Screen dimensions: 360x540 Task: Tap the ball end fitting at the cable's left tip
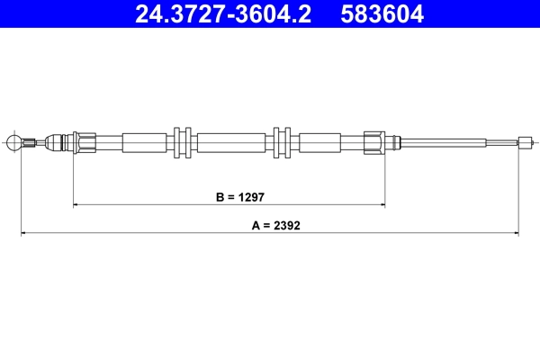pyautogui.click(x=13, y=141)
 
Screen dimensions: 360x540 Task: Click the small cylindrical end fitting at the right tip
pyautogui.click(x=525, y=141)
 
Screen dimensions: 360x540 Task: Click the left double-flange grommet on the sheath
pyautogui.click(x=183, y=141)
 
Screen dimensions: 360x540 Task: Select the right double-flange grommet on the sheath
pyautogui.click(x=282, y=141)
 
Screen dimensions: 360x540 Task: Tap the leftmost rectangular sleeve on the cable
pyautogui.click(x=146, y=141)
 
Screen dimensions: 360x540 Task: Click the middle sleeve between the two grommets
pyautogui.click(x=231, y=141)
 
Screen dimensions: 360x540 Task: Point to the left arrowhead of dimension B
pyautogui.click(x=76, y=205)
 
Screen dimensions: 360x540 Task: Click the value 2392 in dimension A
pyautogui.click(x=286, y=227)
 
